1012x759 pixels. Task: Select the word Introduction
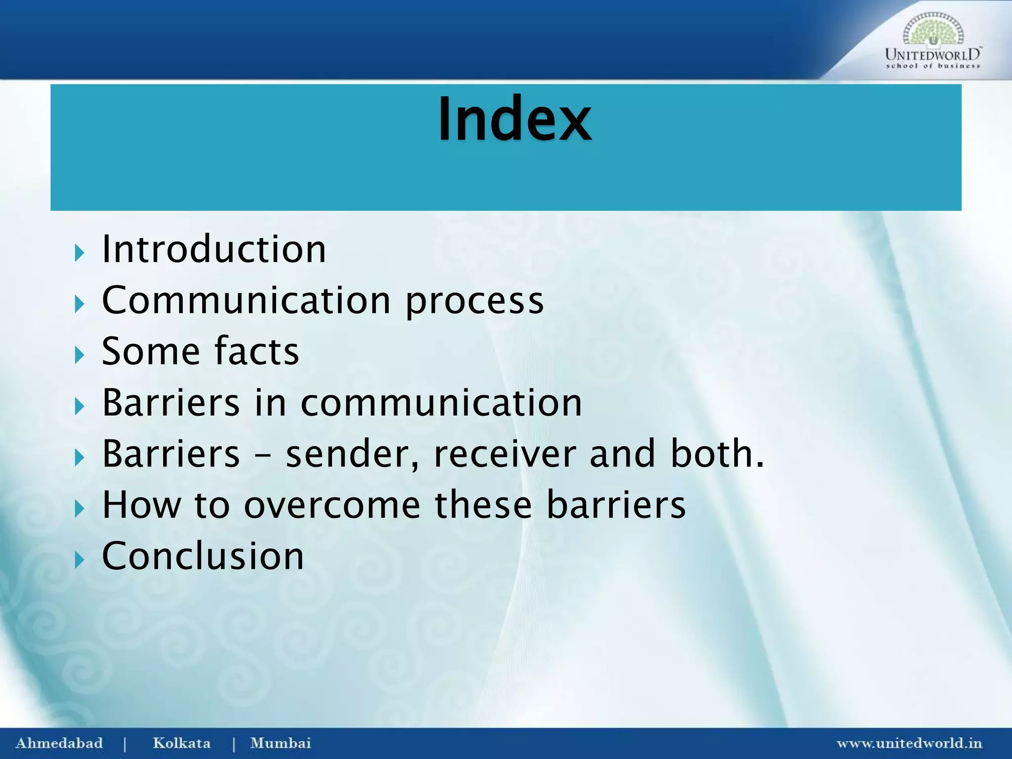(214, 249)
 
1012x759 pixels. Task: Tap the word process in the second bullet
(474, 301)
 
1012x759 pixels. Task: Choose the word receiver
(505, 454)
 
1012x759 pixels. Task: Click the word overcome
(332, 505)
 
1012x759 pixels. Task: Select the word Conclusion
(203, 556)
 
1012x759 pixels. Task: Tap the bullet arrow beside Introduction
(79, 253)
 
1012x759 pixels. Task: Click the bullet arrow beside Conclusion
(79, 560)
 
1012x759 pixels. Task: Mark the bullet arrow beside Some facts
(79, 355)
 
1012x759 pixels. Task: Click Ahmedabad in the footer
(59, 743)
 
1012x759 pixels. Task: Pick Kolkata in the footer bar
(181, 743)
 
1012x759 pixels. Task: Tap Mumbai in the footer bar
(281, 743)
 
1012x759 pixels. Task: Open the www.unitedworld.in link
(909, 743)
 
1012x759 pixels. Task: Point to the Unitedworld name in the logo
(932, 54)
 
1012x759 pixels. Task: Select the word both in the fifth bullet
(717, 454)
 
